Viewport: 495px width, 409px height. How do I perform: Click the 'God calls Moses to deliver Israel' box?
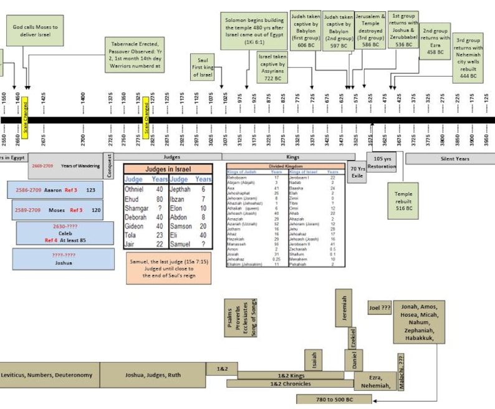tap(36, 31)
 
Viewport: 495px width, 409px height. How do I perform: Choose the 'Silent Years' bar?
tap(449, 159)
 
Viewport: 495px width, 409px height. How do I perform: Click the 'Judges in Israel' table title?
tap(168, 169)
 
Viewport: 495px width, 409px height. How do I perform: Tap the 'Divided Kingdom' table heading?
tap(286, 166)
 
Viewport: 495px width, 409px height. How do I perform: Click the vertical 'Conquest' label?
tap(110, 166)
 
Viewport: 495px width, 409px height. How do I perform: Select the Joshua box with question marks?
tap(63, 259)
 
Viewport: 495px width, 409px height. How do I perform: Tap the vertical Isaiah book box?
tap(314, 360)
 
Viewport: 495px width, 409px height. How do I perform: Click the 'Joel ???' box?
tap(379, 308)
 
